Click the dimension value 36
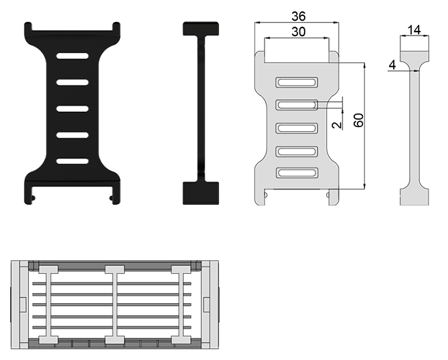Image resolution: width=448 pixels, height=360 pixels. click(x=298, y=16)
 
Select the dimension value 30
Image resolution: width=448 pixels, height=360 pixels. click(x=298, y=31)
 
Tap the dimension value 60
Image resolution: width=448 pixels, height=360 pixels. click(x=358, y=120)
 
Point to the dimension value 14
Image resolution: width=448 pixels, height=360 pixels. click(x=415, y=30)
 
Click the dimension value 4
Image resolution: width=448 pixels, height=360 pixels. click(x=392, y=65)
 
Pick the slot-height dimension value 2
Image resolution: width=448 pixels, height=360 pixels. click(x=337, y=124)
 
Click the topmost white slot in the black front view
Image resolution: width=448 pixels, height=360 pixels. click(x=72, y=56)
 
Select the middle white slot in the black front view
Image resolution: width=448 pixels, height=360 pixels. click(x=72, y=109)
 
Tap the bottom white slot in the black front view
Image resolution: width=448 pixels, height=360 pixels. click(x=72, y=161)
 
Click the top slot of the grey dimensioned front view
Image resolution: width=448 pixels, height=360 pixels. click(x=297, y=82)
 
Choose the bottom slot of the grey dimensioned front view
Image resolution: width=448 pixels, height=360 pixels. click(x=297, y=173)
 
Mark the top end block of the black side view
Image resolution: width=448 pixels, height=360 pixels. click(x=201, y=29)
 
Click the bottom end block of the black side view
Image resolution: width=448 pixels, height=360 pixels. click(x=201, y=193)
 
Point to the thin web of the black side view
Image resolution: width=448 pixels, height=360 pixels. click(x=201, y=109)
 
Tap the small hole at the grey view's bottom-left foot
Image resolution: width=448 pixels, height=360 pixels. click(x=266, y=195)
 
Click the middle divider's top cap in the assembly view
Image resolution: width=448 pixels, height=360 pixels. click(x=115, y=269)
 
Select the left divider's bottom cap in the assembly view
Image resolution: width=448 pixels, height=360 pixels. click(x=48, y=340)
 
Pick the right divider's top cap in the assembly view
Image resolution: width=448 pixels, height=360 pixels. click(x=181, y=269)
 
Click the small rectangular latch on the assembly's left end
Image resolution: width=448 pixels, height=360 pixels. click(x=23, y=304)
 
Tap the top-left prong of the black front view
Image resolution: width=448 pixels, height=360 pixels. click(x=27, y=27)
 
